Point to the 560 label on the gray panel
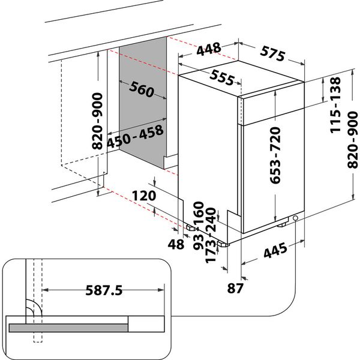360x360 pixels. tap(142, 91)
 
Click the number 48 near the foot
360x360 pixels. tap(176, 245)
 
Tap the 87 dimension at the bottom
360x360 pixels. tap(236, 288)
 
